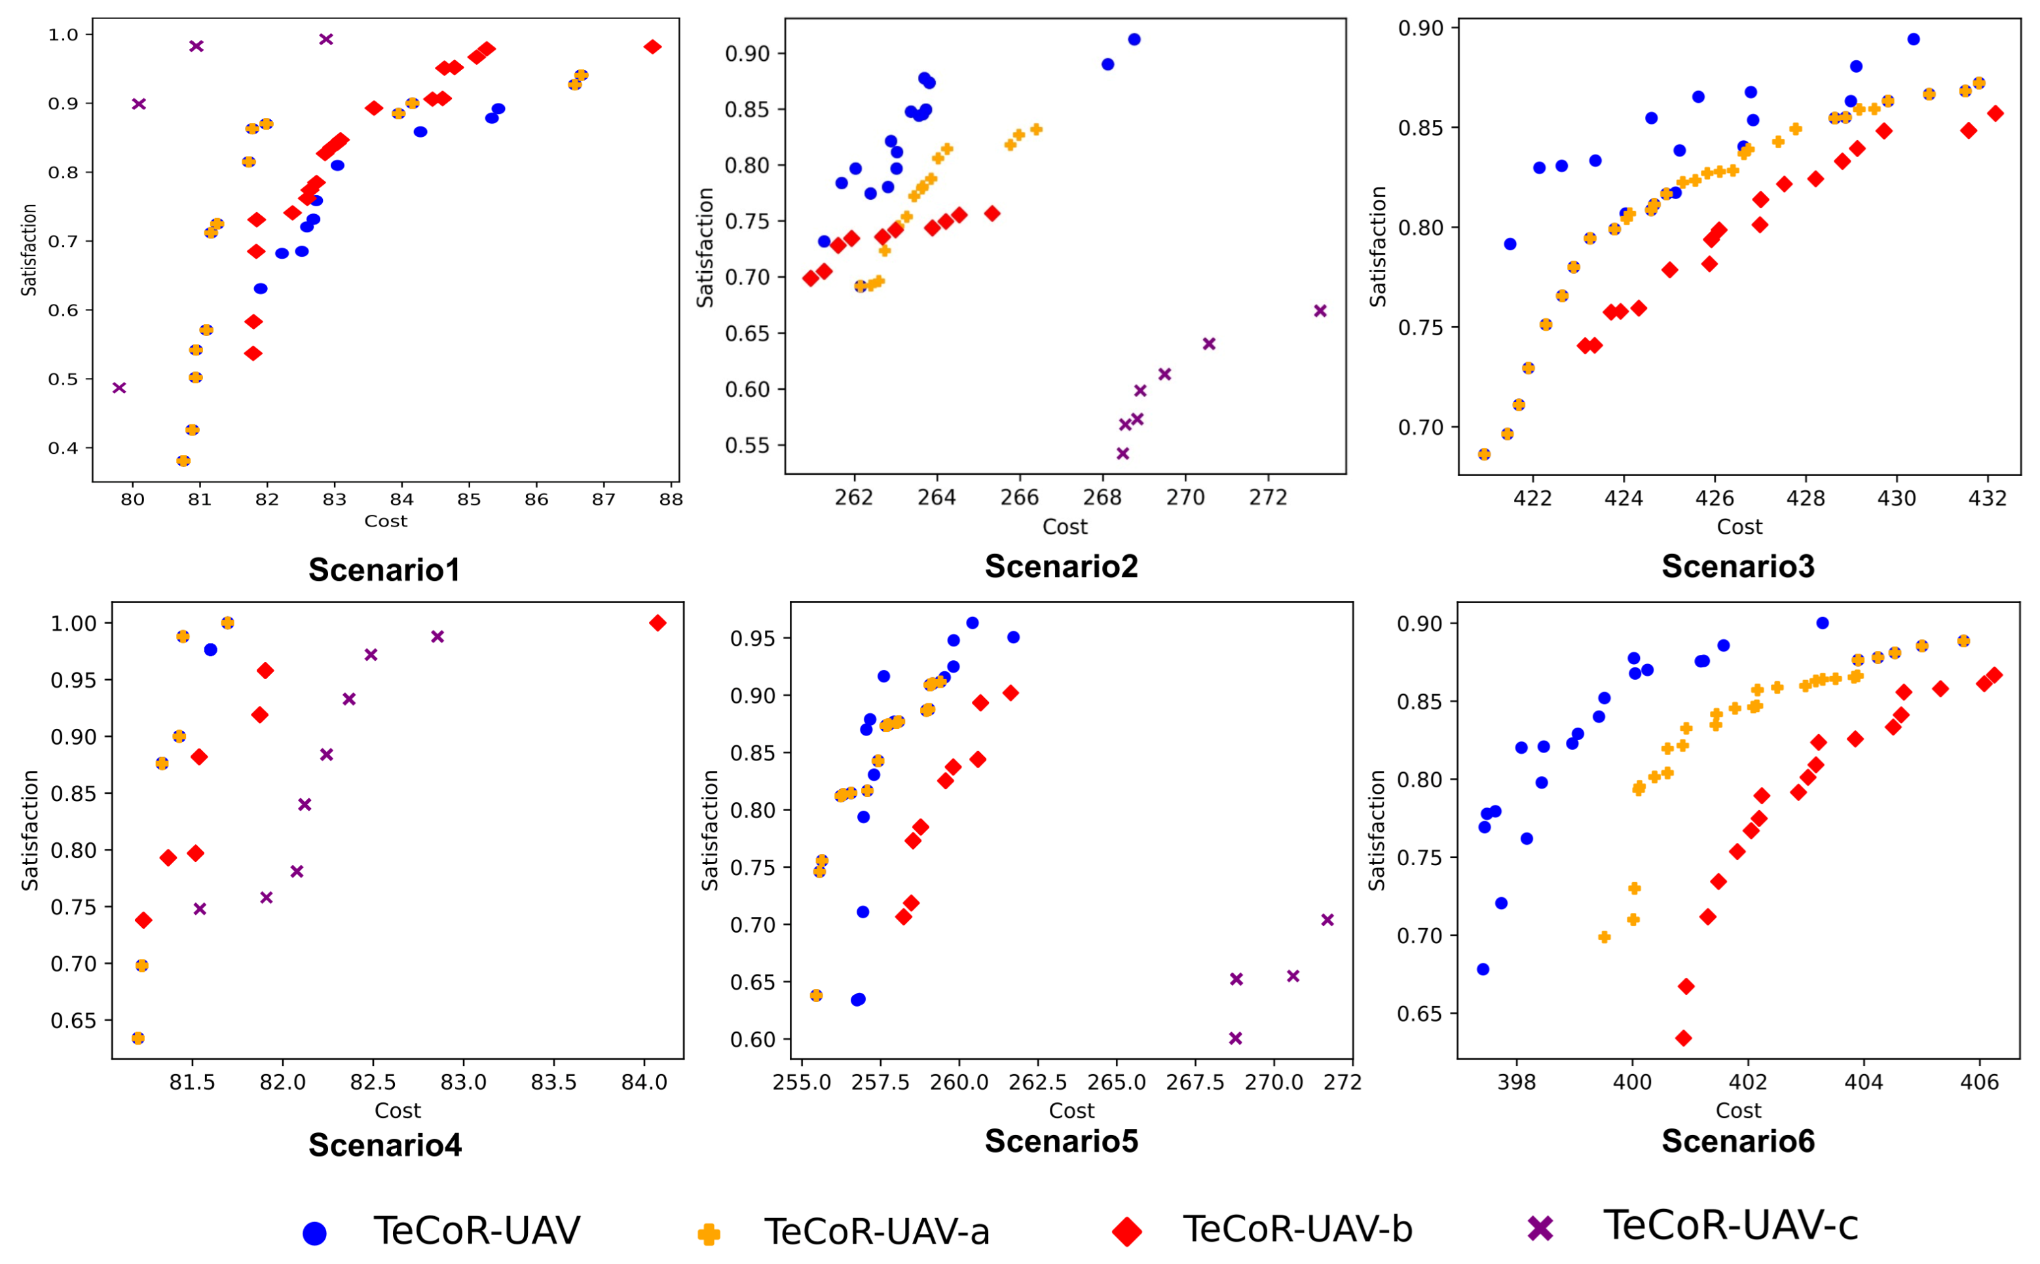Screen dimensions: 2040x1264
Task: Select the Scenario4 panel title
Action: [x=384, y=1144]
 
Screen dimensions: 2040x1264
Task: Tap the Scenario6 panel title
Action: [x=1737, y=1141]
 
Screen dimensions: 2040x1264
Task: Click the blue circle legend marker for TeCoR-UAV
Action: [x=314, y=1233]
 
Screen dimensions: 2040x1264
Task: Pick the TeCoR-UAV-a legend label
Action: [x=877, y=1231]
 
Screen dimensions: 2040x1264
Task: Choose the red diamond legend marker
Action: [x=1127, y=1231]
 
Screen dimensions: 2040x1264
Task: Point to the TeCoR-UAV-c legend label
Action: [x=1730, y=1225]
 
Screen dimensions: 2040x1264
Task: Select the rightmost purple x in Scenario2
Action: [x=1320, y=311]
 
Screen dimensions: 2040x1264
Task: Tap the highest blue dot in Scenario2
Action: [x=1134, y=39]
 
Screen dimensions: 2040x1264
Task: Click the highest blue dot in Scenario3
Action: [x=1914, y=39]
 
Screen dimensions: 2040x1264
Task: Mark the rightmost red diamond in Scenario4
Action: [x=658, y=623]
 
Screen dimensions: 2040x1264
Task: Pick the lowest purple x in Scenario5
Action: [x=1236, y=1038]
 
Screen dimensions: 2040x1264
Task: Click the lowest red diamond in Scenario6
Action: [x=1684, y=1038]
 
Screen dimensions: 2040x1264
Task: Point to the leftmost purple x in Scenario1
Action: [x=119, y=388]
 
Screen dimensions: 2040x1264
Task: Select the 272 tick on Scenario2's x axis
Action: [x=1268, y=497]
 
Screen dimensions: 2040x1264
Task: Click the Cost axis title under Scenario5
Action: [x=1071, y=1111]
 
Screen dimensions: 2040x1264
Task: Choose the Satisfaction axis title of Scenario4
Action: [x=30, y=830]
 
